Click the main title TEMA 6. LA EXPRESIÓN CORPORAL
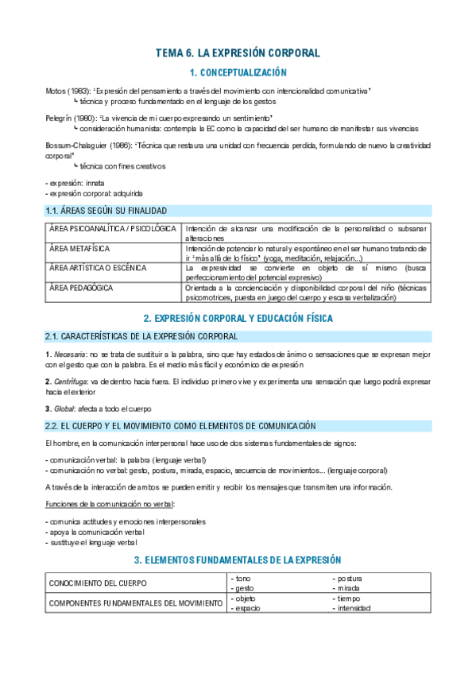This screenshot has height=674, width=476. coord(238,53)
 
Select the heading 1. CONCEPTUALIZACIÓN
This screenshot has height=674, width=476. coord(238,73)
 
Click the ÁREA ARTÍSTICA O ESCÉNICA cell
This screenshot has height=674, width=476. coord(98,268)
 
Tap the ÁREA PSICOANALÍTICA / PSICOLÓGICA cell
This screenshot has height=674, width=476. coord(112,229)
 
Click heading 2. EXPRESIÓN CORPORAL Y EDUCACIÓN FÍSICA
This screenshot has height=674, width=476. coord(238,318)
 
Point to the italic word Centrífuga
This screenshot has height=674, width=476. coord(71,382)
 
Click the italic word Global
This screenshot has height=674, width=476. coord(65,409)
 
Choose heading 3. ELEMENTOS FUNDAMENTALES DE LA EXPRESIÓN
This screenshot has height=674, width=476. coord(238,560)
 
